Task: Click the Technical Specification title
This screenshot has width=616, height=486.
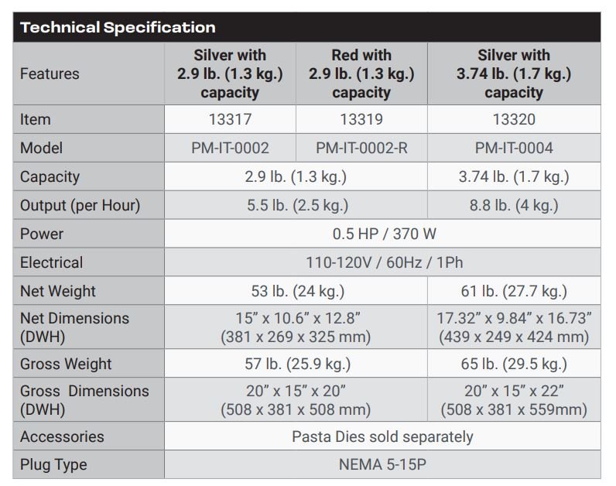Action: pyautogui.click(x=118, y=28)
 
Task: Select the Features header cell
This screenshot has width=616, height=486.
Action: pyautogui.click(x=50, y=74)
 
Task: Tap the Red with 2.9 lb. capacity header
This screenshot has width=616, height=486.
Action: pyautogui.click(x=361, y=74)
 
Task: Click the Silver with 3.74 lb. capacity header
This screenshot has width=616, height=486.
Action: pyautogui.click(x=514, y=74)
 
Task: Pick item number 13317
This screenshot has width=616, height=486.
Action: pyautogui.click(x=230, y=119)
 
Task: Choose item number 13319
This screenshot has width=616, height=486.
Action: pyautogui.click(x=361, y=119)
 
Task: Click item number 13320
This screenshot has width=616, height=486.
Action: pyautogui.click(x=514, y=119)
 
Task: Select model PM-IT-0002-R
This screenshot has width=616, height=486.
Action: pyautogui.click(x=361, y=148)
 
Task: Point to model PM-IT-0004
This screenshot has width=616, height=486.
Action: pyautogui.click(x=514, y=148)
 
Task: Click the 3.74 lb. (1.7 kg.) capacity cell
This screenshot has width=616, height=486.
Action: pyautogui.click(x=514, y=176)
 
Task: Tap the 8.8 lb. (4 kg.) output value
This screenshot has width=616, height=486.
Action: pyautogui.click(x=514, y=206)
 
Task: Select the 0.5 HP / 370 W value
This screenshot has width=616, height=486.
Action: pyautogui.click(x=384, y=234)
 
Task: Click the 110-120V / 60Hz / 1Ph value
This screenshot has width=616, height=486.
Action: pyautogui.click(x=384, y=262)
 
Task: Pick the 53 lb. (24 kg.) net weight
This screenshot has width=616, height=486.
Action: pyautogui.click(x=298, y=292)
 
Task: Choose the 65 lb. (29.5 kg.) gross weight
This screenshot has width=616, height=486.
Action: pyautogui.click(x=514, y=364)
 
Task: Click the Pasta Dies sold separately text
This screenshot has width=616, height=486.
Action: pyautogui.click(x=382, y=437)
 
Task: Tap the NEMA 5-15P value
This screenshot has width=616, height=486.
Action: pyautogui.click(x=382, y=465)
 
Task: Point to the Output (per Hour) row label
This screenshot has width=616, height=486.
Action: pyautogui.click(x=80, y=206)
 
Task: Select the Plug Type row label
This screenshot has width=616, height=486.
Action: pyautogui.click(x=53, y=465)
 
